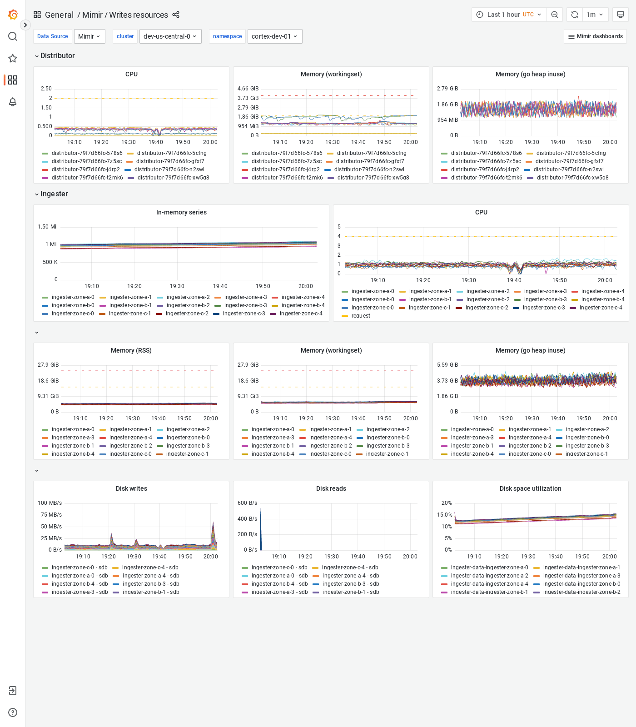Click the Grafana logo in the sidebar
[x=13, y=15]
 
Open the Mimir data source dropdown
[x=89, y=36]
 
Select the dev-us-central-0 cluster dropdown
[x=170, y=36]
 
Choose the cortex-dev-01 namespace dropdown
[x=274, y=36]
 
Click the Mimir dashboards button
[x=595, y=36]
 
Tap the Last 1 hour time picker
[x=509, y=15]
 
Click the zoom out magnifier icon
[x=555, y=15]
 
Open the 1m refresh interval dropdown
[x=594, y=15]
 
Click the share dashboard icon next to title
[x=176, y=15]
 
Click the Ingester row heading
[x=54, y=194]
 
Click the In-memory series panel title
[x=181, y=212]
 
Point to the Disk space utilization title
[x=530, y=488]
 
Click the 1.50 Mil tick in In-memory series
[x=48, y=227]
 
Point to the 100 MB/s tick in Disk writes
[x=50, y=503]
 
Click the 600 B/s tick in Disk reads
[x=247, y=503]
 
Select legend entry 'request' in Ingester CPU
[x=361, y=316]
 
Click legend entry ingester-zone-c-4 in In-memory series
[x=301, y=314]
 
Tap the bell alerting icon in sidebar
[x=13, y=102]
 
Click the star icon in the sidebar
[x=13, y=58]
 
